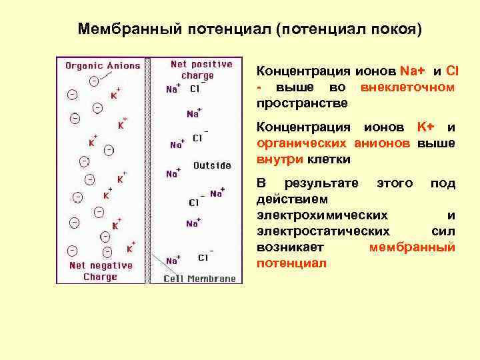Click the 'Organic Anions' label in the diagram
103,66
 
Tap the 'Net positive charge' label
201,70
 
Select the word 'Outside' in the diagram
212,165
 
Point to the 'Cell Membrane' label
201,279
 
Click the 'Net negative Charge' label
100,271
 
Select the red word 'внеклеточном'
407,87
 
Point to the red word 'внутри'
279,159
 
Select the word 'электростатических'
323,231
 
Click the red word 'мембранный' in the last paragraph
412,247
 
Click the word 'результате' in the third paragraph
321,183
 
